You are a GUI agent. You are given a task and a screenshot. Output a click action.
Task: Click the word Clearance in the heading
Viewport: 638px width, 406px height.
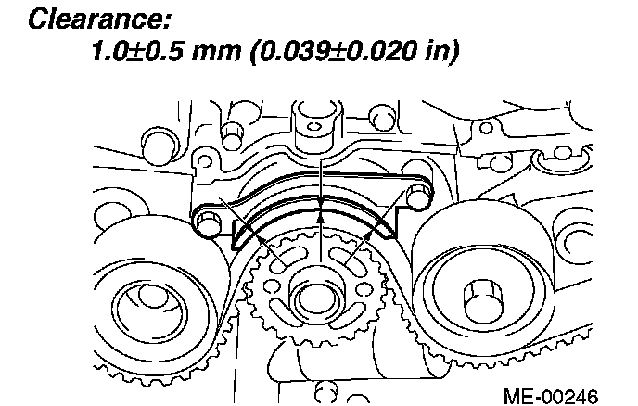pyautogui.click(x=100, y=19)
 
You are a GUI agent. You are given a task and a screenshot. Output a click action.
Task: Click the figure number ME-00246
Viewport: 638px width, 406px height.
pyautogui.click(x=551, y=396)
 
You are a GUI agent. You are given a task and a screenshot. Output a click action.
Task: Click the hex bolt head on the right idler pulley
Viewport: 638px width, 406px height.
pyautogui.click(x=482, y=299)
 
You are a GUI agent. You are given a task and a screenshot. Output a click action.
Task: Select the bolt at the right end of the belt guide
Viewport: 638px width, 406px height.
pyautogui.click(x=416, y=196)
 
